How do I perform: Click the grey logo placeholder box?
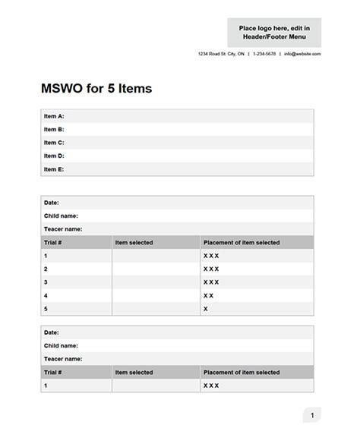[x=273, y=32]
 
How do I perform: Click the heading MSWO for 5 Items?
[x=96, y=88]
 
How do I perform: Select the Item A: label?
[x=54, y=116]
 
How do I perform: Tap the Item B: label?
[x=54, y=129]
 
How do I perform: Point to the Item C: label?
[x=54, y=143]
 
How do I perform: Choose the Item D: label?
[x=54, y=156]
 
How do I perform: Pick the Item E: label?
[x=54, y=169]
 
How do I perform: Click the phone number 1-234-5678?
[x=264, y=54]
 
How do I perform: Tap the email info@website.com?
[x=302, y=54]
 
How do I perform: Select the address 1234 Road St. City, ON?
[x=221, y=54]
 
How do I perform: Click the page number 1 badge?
[x=311, y=415]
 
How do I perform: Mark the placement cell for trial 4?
[x=257, y=295]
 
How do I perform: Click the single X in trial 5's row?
[x=206, y=309]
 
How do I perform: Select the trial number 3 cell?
[x=46, y=282]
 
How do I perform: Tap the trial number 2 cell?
[x=46, y=269]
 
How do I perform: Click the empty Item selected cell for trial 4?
[x=156, y=295]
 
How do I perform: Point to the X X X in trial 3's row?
[x=211, y=282]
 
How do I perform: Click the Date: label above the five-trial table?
[x=51, y=203]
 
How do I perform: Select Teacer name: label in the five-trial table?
[x=63, y=228]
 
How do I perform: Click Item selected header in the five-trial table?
[x=134, y=243]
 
